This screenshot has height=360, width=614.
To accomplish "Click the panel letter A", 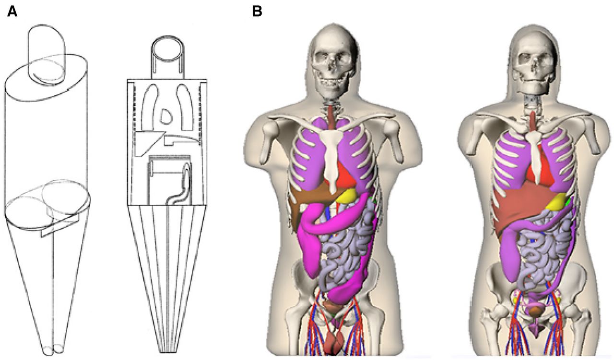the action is tap(12, 12).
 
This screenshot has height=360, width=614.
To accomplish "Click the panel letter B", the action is tap(257, 12).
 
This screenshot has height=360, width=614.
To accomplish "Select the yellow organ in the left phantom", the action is tap(346, 196).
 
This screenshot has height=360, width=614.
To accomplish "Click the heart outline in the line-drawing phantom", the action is tap(165, 117).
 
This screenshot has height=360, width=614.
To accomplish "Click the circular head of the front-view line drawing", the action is tap(167, 49).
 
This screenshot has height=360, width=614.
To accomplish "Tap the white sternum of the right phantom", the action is tap(535, 156).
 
